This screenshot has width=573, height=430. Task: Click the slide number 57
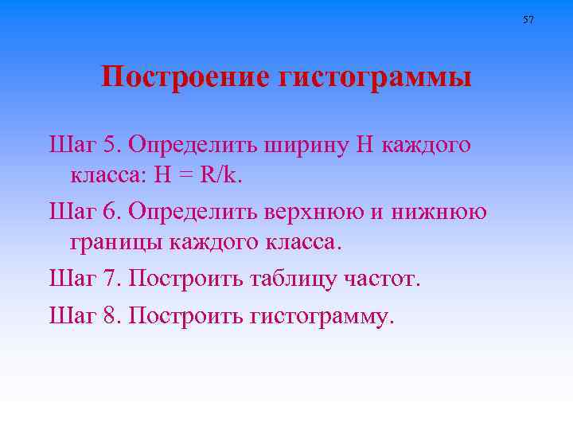(x=528, y=19)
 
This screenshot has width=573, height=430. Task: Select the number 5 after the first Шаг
(x=111, y=146)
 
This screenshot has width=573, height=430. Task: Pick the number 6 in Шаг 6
(x=111, y=213)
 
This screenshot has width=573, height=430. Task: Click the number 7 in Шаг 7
(x=111, y=279)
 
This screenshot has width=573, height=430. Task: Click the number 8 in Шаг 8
(x=111, y=316)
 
